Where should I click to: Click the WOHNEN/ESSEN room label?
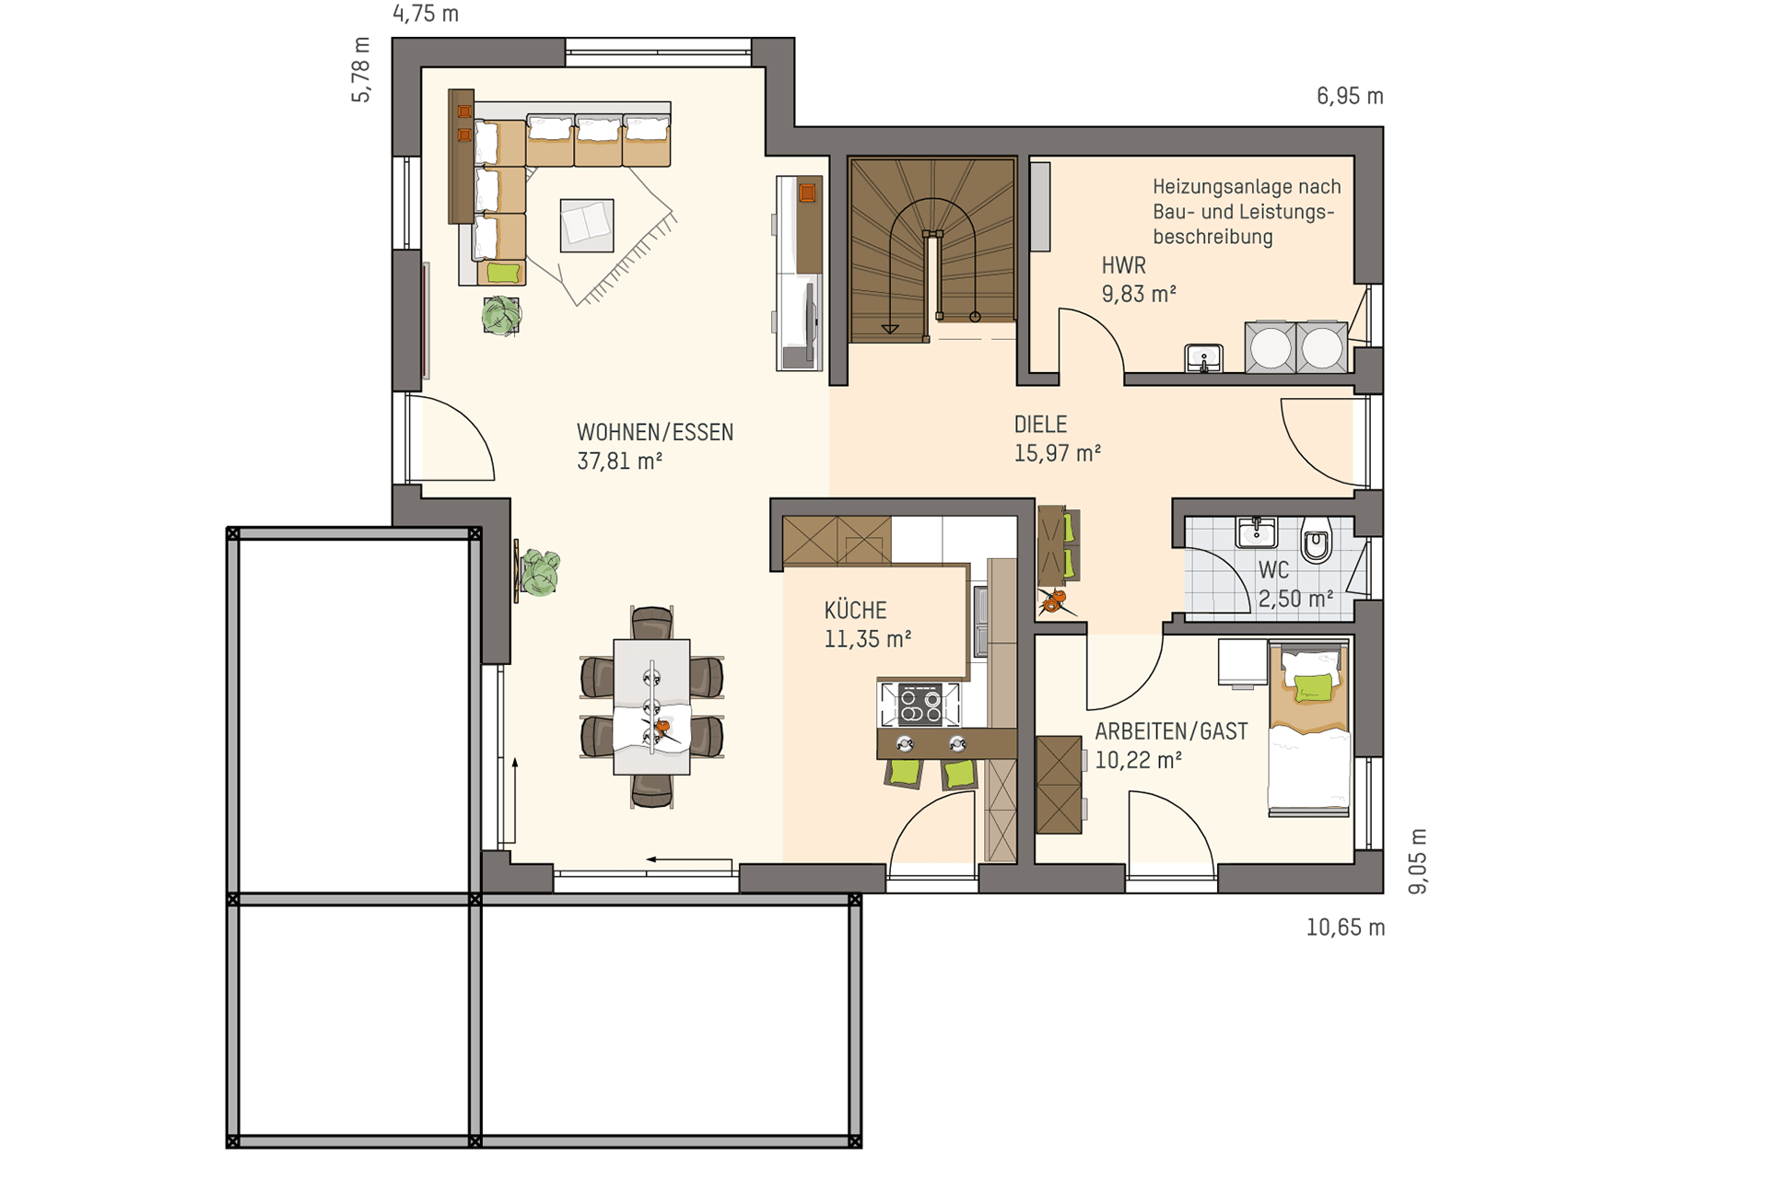coord(655,432)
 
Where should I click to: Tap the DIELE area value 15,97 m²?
coord(1058,453)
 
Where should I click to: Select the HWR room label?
coord(1123,265)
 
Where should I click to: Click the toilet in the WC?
coord(1318,541)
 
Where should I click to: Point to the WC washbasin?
coord(1256,532)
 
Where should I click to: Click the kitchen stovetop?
coord(920,704)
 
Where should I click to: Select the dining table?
coord(651,706)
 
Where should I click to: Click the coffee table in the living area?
coord(587,226)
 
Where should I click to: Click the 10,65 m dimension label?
coord(1345,928)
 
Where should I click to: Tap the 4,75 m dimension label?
coord(426,14)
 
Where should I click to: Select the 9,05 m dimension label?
coord(1418,861)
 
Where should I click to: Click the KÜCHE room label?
coord(855,610)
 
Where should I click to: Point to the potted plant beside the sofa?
coord(501,315)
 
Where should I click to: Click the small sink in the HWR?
coord(1203,357)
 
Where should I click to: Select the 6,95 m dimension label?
coord(1350,96)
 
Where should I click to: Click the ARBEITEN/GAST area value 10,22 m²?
coord(1138,760)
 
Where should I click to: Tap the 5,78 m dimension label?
coord(361,70)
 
